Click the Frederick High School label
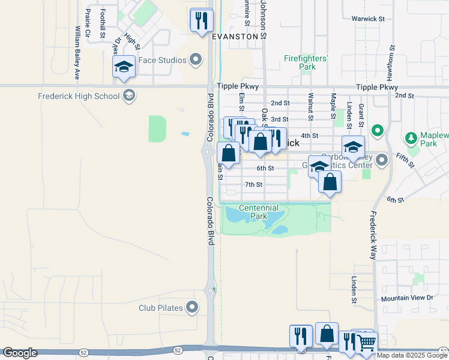[x=78, y=96]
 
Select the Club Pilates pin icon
[x=192, y=308]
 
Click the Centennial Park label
[x=259, y=212]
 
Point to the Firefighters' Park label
[x=306, y=62]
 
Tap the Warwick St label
[x=368, y=19]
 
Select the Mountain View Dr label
[x=406, y=298]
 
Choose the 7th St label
[x=253, y=184]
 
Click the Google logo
[x=20, y=353]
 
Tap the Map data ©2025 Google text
[x=411, y=355]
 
